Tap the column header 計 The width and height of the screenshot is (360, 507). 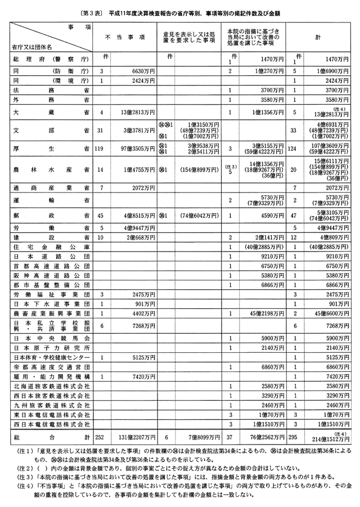pos(318,37)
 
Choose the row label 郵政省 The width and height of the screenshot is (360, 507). pos(51,215)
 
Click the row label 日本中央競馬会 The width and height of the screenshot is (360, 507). pos(51,338)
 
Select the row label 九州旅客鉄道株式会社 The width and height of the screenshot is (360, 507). pos(51,405)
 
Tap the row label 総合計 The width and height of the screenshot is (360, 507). pos(51,437)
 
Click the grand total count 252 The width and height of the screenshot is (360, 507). pos(102,437)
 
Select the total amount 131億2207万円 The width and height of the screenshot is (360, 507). pos(136,437)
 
